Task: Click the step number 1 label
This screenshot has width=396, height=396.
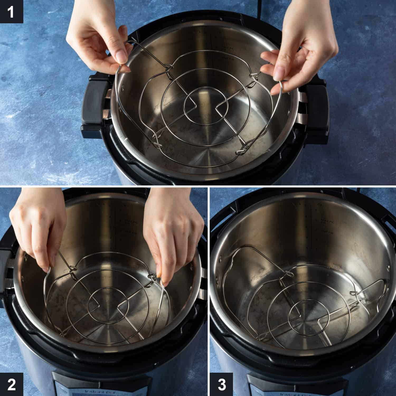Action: coord(11,12)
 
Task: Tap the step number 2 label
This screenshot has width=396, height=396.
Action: coord(11,384)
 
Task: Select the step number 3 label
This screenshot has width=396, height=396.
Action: coord(221,384)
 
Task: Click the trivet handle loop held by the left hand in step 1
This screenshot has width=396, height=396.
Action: coord(123,65)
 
